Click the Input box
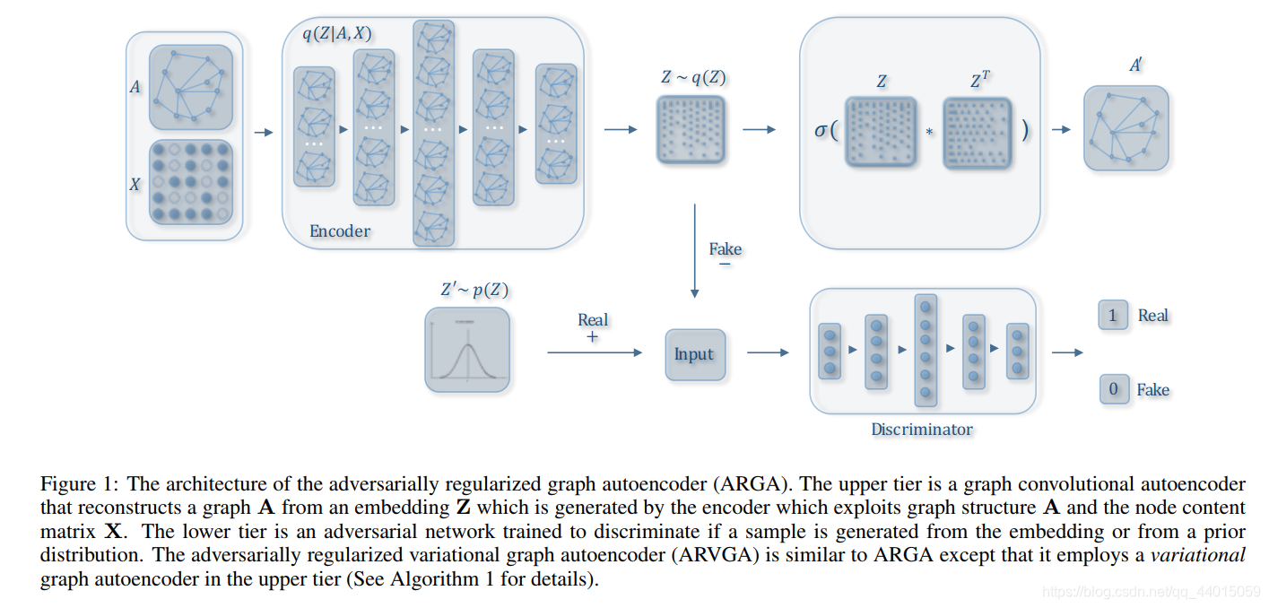694,354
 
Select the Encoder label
340,231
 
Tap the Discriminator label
921,430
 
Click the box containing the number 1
1112,316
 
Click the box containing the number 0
1113,389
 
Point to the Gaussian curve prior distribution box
466,350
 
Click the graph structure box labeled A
190,88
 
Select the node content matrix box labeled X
190,182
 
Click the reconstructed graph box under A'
1126,128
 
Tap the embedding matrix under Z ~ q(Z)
691,129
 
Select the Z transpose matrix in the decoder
977,132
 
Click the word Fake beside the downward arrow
725,248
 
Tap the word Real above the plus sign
592,320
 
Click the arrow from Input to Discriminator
768,353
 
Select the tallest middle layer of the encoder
433,133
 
